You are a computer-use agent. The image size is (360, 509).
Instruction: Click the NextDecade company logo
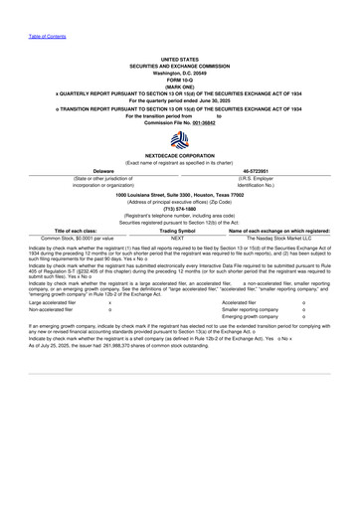180,139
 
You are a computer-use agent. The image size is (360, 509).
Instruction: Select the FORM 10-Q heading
180,80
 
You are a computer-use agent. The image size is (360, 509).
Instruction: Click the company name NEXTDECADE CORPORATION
180,156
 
